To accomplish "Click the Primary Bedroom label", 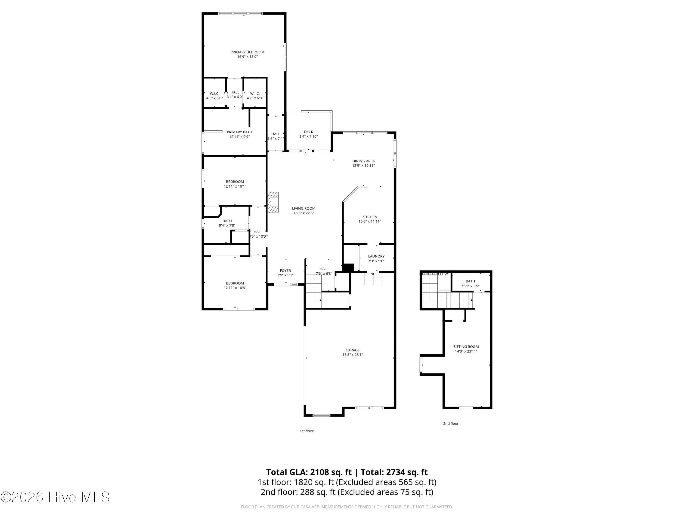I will pos(247,52).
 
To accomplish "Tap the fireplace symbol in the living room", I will pos(273,203).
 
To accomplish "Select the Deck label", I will pos(308,132).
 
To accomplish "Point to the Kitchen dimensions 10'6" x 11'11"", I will pos(370,221).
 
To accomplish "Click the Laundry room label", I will pos(376,256).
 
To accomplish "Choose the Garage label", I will pos(353,350).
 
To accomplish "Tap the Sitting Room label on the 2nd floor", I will pos(466,347).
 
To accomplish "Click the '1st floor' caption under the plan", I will pos(307,431).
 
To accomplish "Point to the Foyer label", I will pos(285,270).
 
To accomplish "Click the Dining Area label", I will pos(363,161).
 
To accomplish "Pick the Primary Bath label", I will pos(239,132).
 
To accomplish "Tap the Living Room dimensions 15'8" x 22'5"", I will pos(304,213).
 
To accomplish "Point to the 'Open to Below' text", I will pos(434,274).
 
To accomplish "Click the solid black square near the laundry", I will pos(348,268).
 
